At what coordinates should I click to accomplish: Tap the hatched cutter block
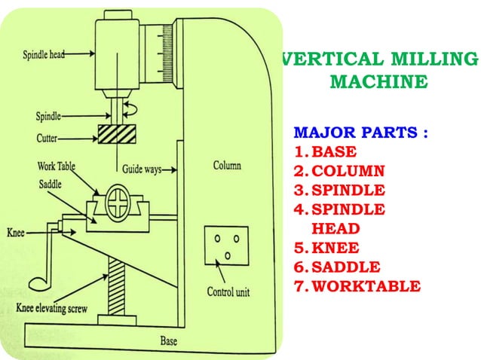(118, 136)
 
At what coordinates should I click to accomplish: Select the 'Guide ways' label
(141, 169)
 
